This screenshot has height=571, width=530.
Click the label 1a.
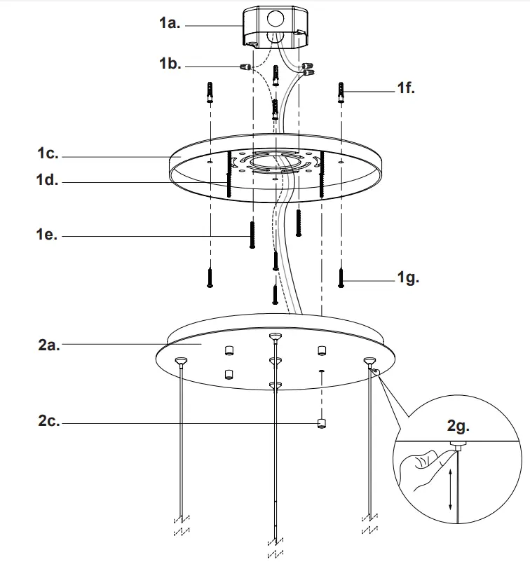click(170, 24)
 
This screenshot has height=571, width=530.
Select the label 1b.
click(170, 64)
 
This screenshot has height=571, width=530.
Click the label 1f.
click(406, 90)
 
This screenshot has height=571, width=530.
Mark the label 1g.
click(407, 278)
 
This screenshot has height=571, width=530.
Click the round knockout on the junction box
click(275, 18)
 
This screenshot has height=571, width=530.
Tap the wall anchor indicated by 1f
click(341, 92)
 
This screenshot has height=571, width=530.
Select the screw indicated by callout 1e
click(251, 234)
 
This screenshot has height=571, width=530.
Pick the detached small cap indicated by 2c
click(321, 423)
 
